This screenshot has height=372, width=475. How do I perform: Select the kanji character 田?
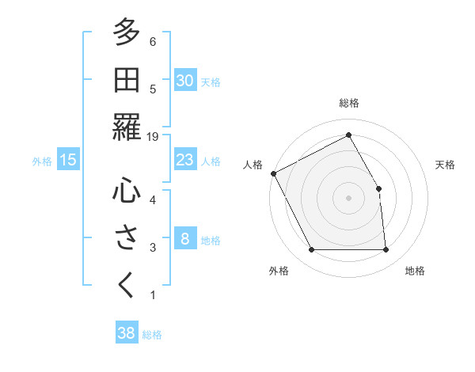[x=126, y=80]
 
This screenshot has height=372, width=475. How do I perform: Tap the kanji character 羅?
[x=126, y=127]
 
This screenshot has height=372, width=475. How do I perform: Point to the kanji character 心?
[x=126, y=190]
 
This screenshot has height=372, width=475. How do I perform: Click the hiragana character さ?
[x=126, y=237]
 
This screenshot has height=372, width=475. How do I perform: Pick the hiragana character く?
[x=126, y=285]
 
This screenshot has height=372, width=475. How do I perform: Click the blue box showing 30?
[x=185, y=81]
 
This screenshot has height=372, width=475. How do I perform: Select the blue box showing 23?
[x=185, y=161]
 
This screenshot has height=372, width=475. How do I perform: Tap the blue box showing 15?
[x=68, y=161]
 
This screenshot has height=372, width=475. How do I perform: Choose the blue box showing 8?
[x=185, y=239]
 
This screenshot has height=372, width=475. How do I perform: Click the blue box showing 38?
[x=127, y=333]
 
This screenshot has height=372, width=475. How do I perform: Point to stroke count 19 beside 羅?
[x=153, y=137]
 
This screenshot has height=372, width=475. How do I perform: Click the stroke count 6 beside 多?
[x=153, y=41]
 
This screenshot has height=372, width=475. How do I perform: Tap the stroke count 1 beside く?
[x=153, y=295]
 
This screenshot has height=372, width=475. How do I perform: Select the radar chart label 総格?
[x=348, y=103]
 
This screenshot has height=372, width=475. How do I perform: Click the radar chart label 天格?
[x=446, y=165]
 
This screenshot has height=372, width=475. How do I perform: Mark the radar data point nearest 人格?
[x=274, y=173]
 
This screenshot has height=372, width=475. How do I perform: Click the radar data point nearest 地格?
[x=386, y=250]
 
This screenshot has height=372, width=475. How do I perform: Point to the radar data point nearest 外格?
[x=311, y=250]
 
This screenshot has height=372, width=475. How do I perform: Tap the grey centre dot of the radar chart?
[x=348, y=198]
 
